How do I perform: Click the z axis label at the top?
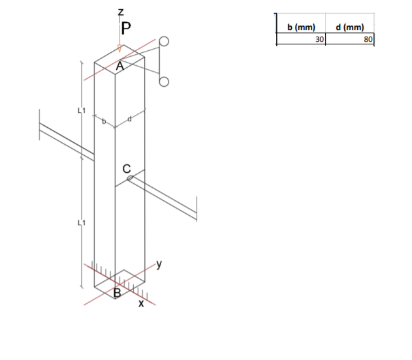tap(120, 11)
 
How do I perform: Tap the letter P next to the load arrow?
tap(126, 27)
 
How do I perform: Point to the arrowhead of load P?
tap(119, 50)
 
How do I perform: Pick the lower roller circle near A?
tap(163, 82)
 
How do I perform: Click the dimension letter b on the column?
tap(103, 121)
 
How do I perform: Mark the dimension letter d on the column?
tap(130, 118)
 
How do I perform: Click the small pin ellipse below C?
tap(129, 177)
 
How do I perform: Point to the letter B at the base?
tap(118, 293)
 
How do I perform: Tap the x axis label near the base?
tap(140, 304)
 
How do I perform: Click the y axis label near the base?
tap(159, 264)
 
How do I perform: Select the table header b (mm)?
tap(301, 27)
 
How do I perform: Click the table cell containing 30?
tap(301, 39)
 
